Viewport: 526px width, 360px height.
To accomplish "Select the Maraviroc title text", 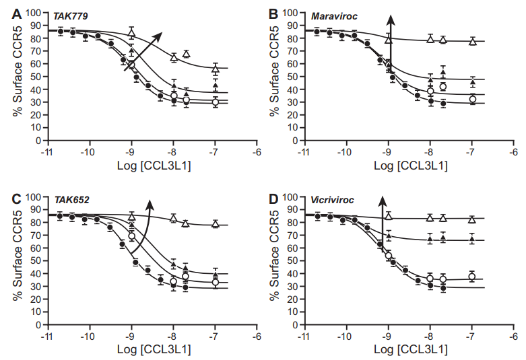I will point(332,13).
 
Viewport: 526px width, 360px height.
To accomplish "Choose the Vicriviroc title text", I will point(332,199).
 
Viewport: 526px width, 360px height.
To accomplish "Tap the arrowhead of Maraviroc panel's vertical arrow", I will point(389,21).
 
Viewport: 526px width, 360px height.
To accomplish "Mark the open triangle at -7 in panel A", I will point(216,69).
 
